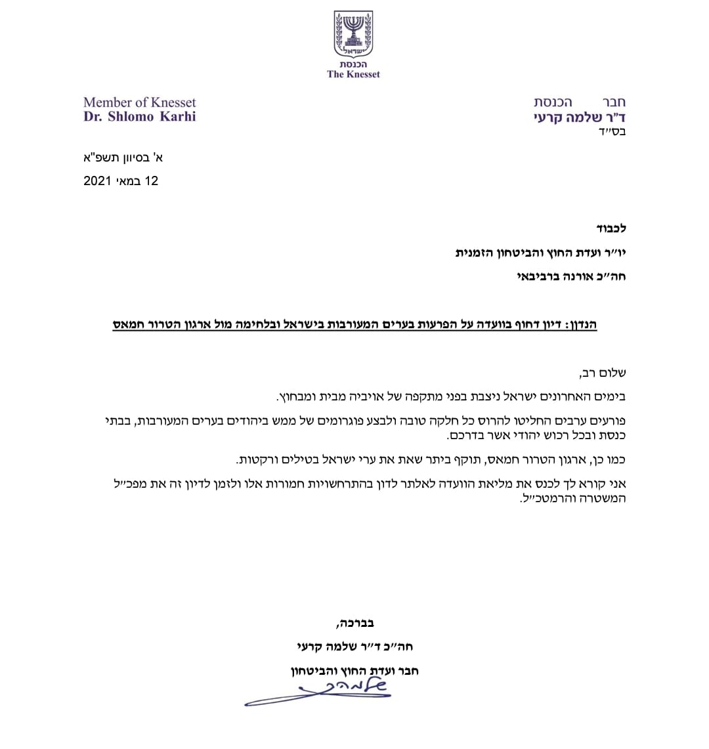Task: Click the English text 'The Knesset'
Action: click(354, 74)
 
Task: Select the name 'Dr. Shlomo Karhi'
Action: click(140, 116)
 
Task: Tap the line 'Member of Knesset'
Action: click(140, 102)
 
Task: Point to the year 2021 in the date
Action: click(97, 181)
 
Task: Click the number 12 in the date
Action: click(152, 181)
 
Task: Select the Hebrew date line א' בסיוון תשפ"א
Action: click(121, 158)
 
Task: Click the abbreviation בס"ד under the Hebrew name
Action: click(614, 132)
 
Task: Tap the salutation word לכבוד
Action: click(612, 228)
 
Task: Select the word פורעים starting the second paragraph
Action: click(609, 421)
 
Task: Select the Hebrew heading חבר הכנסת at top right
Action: click(580, 102)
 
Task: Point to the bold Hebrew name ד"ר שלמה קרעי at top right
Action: click(580, 118)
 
